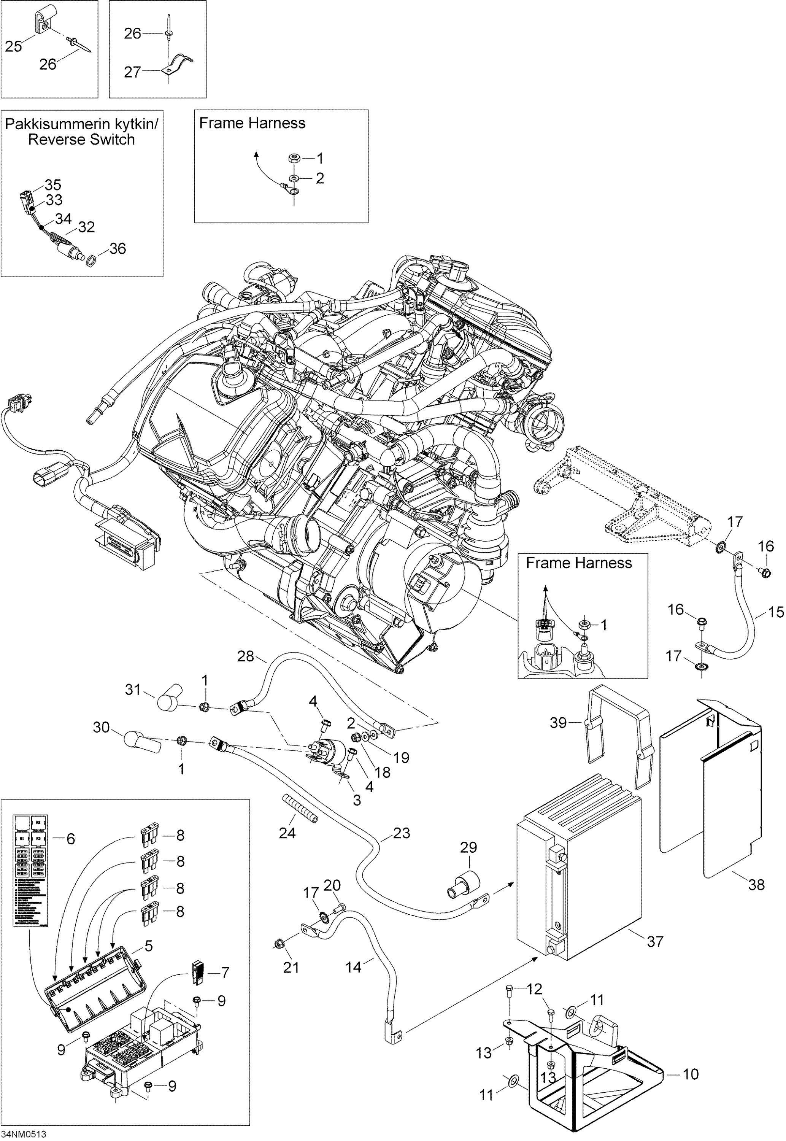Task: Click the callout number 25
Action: (x=13, y=46)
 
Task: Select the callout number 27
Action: (x=132, y=72)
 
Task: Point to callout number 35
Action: (x=53, y=185)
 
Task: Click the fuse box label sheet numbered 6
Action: (x=30, y=870)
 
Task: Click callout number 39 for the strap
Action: (x=559, y=723)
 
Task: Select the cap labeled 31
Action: (x=170, y=698)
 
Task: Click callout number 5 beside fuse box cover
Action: (x=148, y=946)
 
